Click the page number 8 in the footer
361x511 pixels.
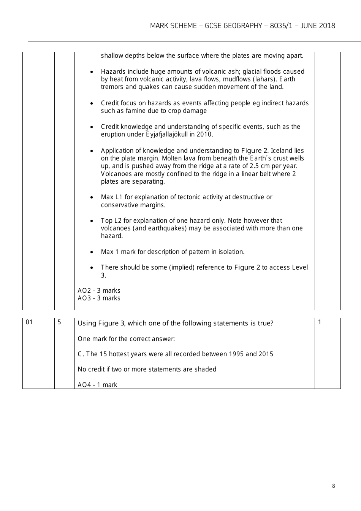(333, 486)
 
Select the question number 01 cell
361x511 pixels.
(29, 322)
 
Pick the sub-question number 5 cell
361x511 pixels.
(59, 322)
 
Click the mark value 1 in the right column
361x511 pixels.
(320, 322)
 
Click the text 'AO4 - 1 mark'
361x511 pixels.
(97, 385)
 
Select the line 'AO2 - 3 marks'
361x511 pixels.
(99, 290)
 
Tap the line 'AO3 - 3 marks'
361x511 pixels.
(99, 298)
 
